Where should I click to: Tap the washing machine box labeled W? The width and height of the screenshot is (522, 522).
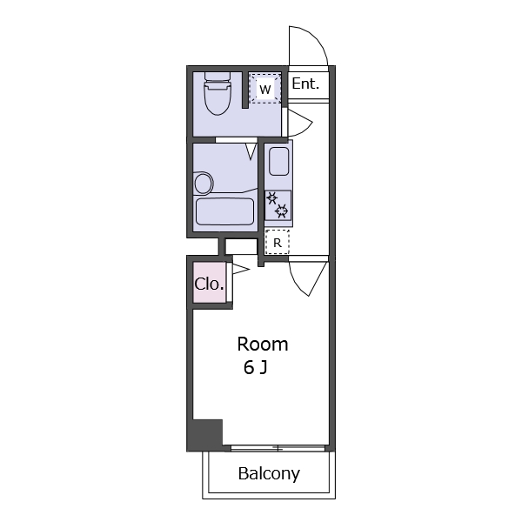click(265, 89)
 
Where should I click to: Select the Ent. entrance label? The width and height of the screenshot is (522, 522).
click(305, 84)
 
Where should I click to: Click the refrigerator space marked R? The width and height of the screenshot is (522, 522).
click(277, 242)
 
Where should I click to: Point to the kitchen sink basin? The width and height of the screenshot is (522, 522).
click(278, 161)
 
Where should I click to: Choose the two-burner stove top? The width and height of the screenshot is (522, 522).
click(278, 205)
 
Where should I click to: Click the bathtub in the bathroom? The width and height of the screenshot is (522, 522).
click(224, 211)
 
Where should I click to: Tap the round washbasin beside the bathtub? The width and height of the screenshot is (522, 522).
click(203, 183)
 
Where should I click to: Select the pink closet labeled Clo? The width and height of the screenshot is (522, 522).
click(210, 283)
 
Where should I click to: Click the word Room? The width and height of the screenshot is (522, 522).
click(263, 345)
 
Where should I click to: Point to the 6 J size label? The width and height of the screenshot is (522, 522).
click(256, 368)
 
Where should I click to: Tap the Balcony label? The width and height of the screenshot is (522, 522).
click(269, 474)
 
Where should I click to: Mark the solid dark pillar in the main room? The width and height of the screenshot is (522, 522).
click(204, 435)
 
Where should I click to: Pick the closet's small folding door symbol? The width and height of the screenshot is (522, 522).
click(240, 269)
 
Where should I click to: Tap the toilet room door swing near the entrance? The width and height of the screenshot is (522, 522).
click(300, 123)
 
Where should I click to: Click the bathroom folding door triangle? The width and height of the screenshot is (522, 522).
click(251, 151)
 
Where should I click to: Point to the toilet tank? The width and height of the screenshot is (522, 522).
click(217, 77)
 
